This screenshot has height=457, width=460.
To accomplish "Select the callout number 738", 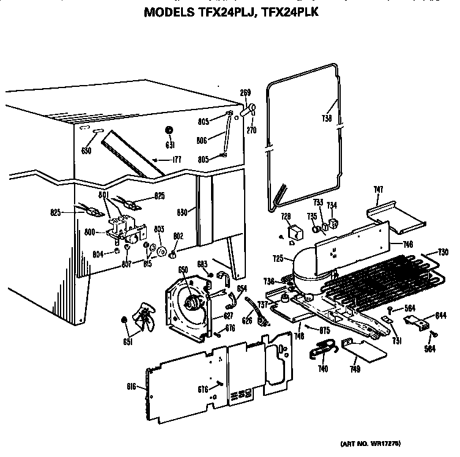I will pos(327,119).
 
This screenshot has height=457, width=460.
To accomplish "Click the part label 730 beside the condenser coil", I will pos(443,253).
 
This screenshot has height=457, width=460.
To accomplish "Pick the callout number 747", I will pos(379,190).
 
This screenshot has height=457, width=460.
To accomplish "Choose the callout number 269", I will pos(245,93).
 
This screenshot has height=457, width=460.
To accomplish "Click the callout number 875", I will pos(325,330).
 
